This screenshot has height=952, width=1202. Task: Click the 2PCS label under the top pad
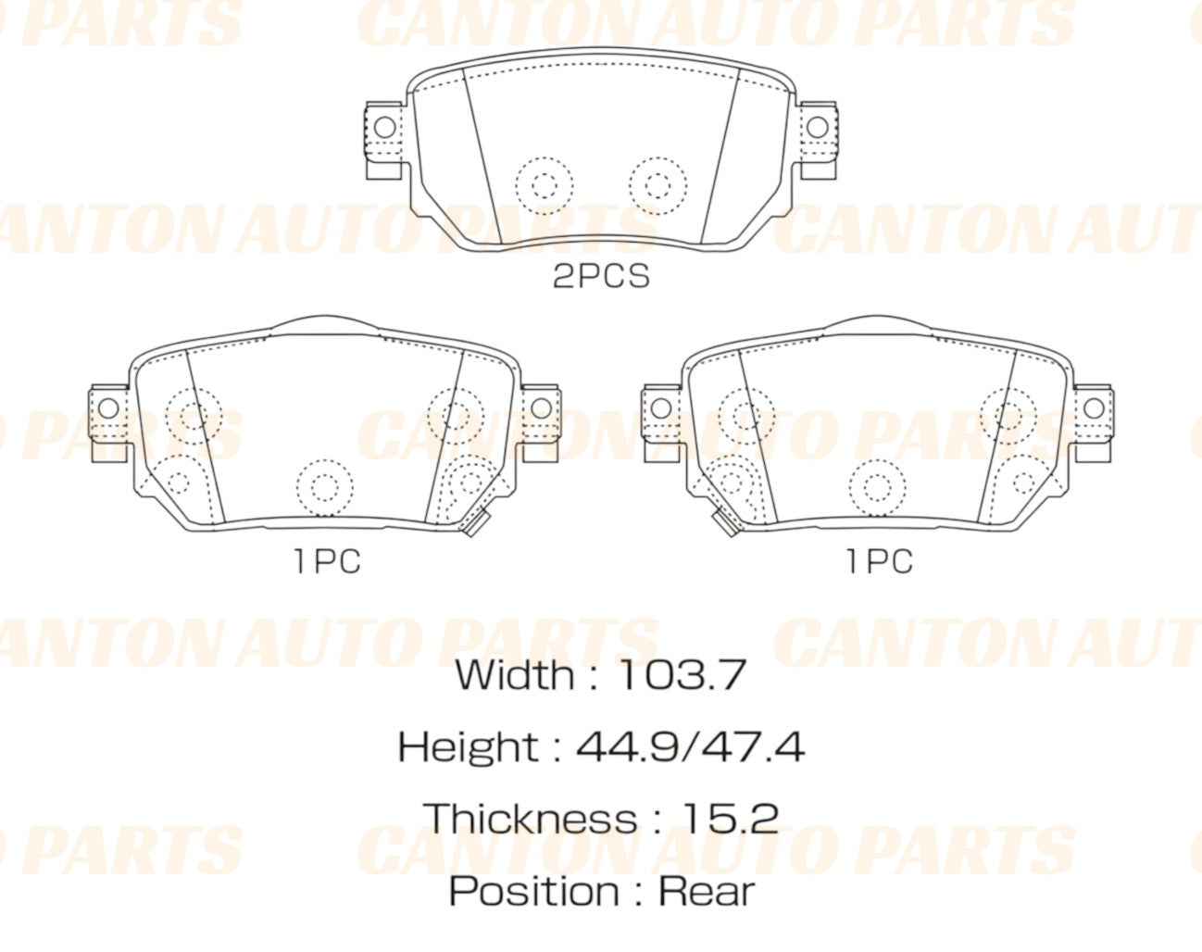[601, 276]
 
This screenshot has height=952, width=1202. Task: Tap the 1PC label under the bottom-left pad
[327, 561]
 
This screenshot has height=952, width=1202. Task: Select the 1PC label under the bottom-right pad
[879, 561]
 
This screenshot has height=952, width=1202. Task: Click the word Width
[514, 675]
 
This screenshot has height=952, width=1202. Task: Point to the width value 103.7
[681, 675]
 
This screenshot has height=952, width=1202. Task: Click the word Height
[468, 746]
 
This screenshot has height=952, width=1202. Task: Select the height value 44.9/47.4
[690, 746]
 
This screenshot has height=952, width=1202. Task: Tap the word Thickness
[530, 819]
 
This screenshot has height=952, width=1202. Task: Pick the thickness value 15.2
[730, 819]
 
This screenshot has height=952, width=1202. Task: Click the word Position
[534, 891]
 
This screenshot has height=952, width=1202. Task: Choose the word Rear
[707, 891]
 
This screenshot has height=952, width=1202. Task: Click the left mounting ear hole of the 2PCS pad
[383, 127]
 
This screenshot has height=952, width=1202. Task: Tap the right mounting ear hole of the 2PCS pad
[817, 127]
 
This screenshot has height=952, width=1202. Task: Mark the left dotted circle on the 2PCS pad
[544, 184]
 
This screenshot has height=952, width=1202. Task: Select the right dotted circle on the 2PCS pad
[658, 184]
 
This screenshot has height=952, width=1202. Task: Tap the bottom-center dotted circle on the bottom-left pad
[325, 487]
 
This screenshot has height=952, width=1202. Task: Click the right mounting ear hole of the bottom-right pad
[1094, 407]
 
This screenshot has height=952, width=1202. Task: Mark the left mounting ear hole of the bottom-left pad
[108, 407]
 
